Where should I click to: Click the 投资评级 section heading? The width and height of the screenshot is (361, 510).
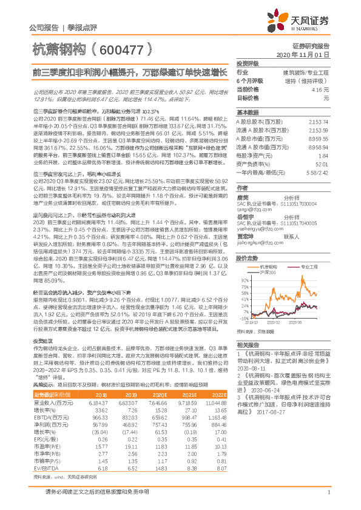tap(248, 64)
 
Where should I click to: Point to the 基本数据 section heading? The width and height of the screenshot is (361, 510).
tap(248, 113)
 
